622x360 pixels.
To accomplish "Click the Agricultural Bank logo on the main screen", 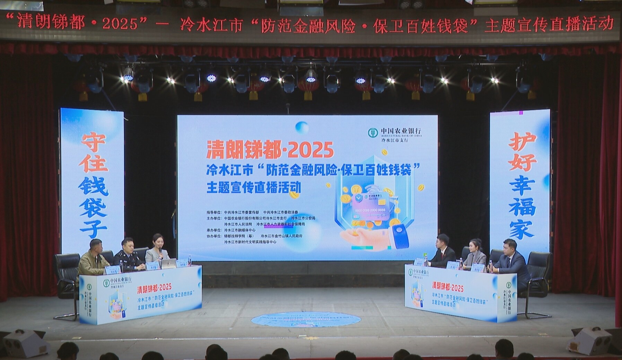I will [x=373, y=133].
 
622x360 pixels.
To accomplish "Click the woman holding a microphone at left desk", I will [x=157, y=249].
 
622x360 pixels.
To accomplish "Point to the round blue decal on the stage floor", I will [x=306, y=319].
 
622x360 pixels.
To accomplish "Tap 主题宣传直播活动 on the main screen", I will [x=254, y=187].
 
